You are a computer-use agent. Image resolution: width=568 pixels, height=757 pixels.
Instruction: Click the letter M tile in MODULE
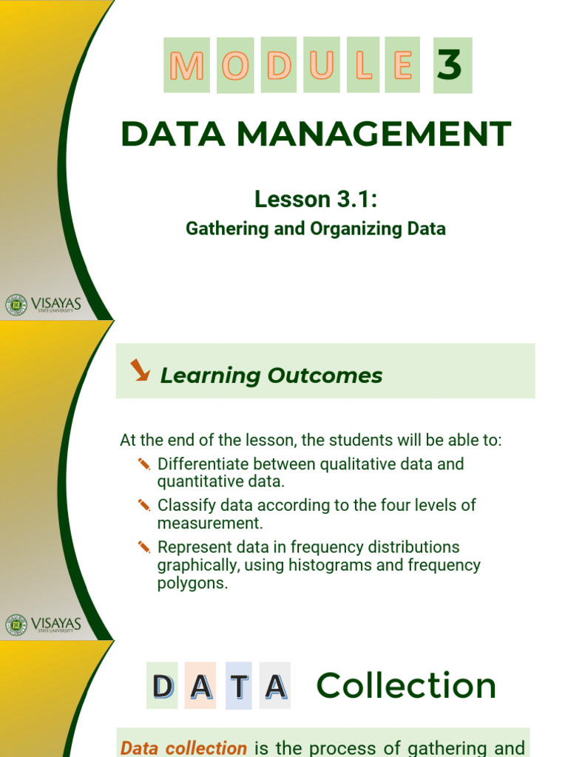tap(186, 65)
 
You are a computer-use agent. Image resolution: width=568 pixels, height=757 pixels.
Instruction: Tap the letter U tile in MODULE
tap(322, 65)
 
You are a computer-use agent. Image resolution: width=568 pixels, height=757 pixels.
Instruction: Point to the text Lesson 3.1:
tap(315, 199)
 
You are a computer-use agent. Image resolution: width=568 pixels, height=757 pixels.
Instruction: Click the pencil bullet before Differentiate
tap(144, 464)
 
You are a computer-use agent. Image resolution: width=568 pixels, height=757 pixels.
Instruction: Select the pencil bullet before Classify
tap(144, 506)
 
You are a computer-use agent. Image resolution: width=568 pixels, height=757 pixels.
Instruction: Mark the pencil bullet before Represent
tap(144, 547)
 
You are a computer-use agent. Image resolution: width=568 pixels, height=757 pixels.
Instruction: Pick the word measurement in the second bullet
tap(209, 523)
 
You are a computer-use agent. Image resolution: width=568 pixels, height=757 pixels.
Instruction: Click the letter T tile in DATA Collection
tap(239, 686)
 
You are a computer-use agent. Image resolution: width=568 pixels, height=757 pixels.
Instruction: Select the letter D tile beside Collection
tap(162, 686)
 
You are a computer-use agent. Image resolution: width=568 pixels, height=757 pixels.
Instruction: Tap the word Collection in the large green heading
tap(406, 686)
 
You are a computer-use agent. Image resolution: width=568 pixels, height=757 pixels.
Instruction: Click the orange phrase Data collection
tap(184, 748)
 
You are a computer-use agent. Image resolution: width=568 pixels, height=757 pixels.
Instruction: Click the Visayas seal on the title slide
tap(16, 305)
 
